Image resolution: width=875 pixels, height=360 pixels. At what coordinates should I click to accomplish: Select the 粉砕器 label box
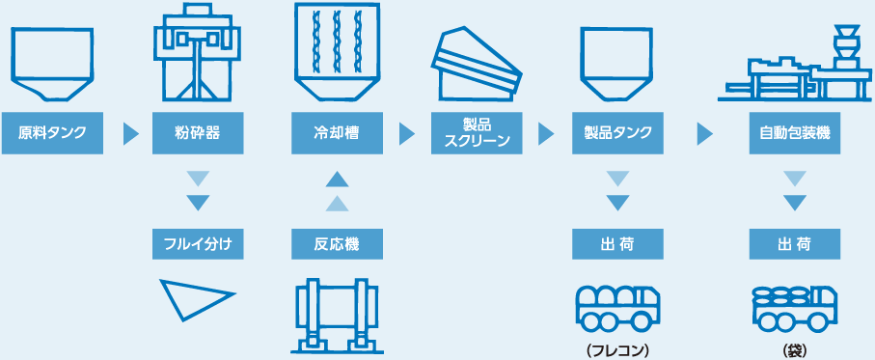click(197, 132)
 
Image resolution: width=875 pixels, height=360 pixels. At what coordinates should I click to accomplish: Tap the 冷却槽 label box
click(336, 132)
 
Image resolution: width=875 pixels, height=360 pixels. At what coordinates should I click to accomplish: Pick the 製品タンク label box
click(618, 132)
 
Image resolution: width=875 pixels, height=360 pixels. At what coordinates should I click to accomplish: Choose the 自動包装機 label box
click(794, 132)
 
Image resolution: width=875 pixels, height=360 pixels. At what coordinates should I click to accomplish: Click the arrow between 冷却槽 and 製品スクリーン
click(406, 132)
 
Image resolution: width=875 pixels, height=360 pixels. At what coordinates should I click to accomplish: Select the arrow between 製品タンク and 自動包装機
click(705, 132)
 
